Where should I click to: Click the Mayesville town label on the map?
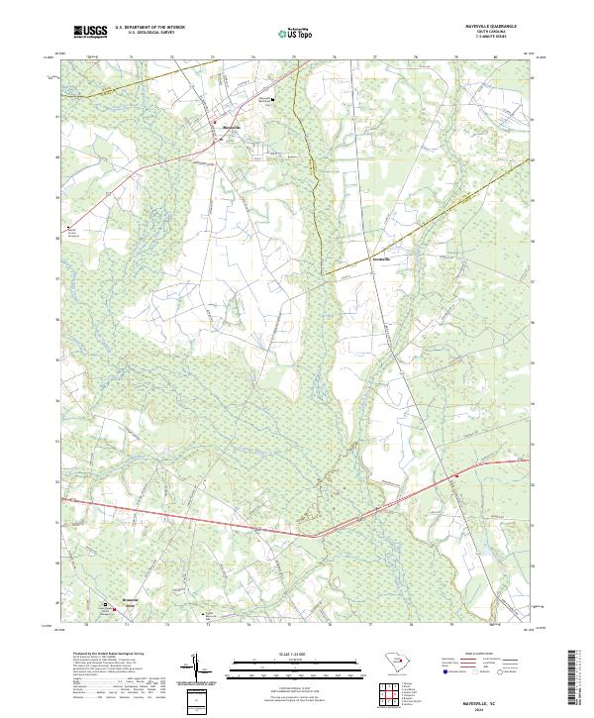pyautogui.click(x=230, y=126)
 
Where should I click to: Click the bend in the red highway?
pyautogui.click(x=315, y=536)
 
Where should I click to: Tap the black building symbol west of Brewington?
pyautogui.click(x=107, y=602)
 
